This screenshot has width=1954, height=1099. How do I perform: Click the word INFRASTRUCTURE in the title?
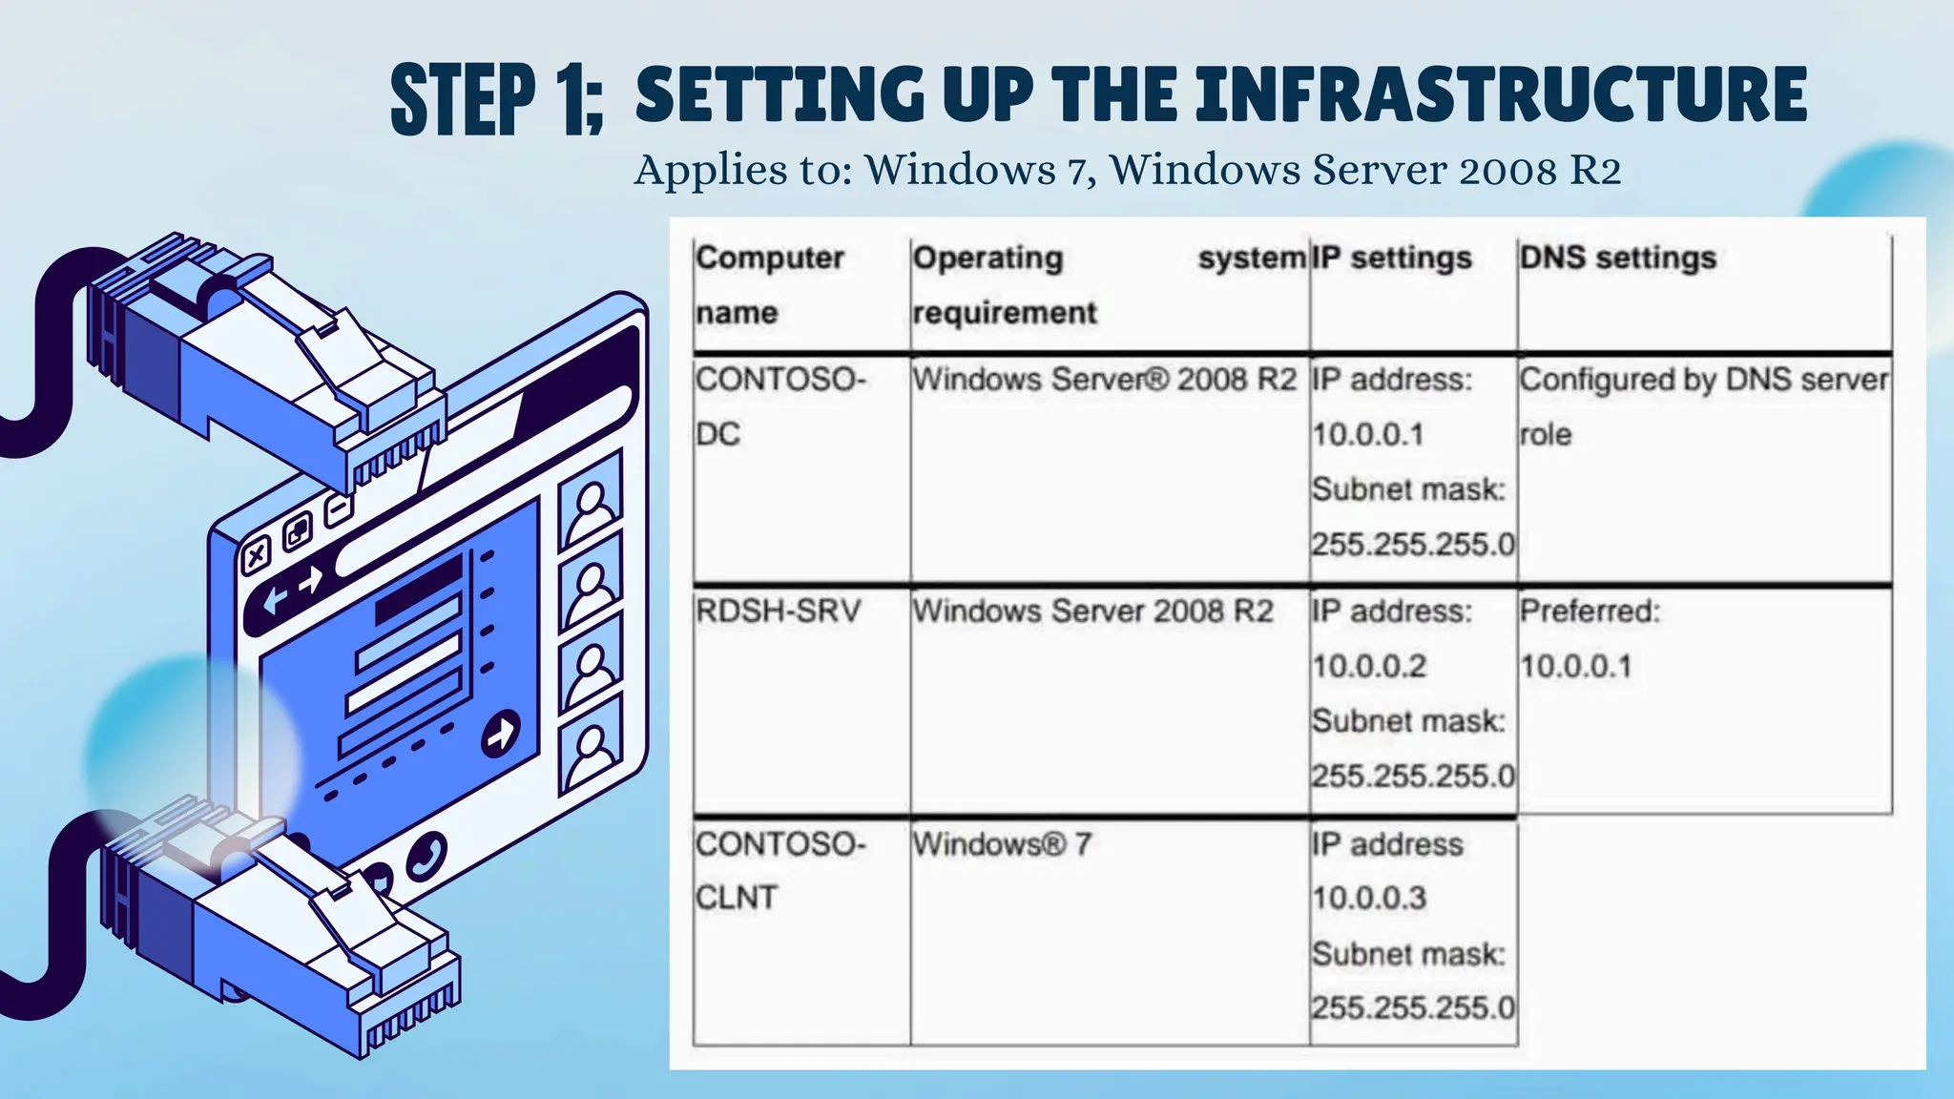(1501, 95)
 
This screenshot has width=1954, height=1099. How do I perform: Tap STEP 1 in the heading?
(496, 98)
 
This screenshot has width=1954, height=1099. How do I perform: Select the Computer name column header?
(769, 284)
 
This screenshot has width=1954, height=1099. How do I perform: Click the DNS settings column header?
(1617, 258)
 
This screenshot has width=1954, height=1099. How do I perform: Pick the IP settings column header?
(1391, 258)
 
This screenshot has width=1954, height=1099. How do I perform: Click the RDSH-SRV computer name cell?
(778, 611)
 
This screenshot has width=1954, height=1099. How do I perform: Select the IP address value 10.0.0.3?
(1368, 898)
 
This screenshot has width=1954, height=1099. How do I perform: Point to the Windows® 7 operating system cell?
(1001, 844)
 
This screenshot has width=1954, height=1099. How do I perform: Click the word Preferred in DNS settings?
(1589, 611)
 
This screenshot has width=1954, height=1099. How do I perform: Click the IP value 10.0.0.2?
(1368, 666)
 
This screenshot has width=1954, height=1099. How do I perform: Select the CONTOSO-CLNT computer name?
(780, 870)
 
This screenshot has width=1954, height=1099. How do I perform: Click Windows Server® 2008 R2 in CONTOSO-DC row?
(1104, 380)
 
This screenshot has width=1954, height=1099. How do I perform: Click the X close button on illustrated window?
(256, 555)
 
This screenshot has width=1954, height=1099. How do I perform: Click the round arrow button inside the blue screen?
(500, 734)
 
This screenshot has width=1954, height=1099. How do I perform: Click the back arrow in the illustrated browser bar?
(275, 600)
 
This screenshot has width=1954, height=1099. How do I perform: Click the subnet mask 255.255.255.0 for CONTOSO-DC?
(1412, 545)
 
